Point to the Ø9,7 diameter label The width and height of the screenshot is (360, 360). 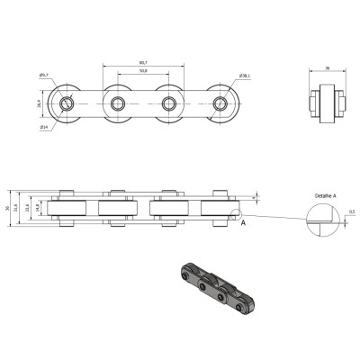tap(45, 76)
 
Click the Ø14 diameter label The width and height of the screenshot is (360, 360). tap(44, 127)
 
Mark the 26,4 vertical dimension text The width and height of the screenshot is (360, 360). tap(40, 103)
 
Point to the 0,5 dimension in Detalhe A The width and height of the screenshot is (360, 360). tap(351, 212)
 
